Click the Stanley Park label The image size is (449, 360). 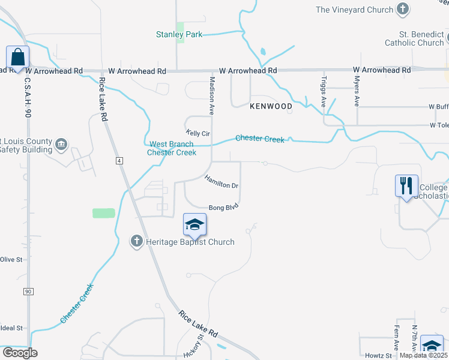click(x=179, y=35)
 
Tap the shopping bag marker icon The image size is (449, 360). click(x=18, y=58)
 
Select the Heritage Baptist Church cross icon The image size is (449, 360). click(x=136, y=241)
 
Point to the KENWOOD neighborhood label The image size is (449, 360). click(x=271, y=106)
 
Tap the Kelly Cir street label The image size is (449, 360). click(x=196, y=132)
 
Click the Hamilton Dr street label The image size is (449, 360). click(x=221, y=182)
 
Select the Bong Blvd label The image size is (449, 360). click(x=224, y=207)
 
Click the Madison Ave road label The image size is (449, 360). click(x=211, y=95)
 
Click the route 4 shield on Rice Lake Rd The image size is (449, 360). click(x=119, y=161)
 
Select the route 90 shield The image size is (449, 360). click(x=28, y=292)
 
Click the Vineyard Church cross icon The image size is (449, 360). click(x=403, y=9)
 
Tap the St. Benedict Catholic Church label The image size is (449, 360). click(x=414, y=38)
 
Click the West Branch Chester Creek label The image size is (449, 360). click(x=171, y=148)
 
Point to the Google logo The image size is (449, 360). click(x=19, y=353)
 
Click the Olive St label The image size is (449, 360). click(x=11, y=260)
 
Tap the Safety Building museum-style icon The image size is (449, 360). click(x=61, y=144)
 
